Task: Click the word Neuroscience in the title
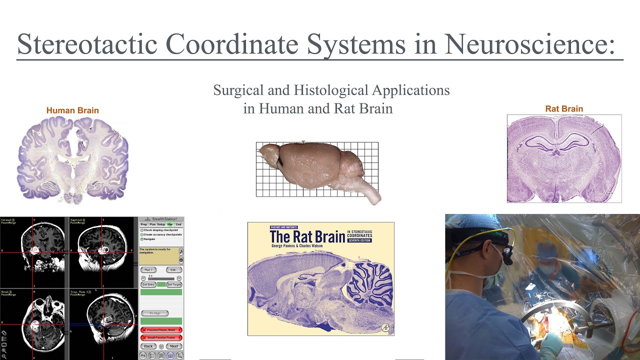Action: [529, 44]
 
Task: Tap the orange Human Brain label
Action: [72, 110]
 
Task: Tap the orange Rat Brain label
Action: [564, 108]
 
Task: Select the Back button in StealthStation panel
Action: [148, 346]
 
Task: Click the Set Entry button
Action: [148, 284]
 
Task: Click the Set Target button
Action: [173, 284]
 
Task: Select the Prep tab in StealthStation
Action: [144, 224]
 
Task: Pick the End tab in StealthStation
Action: [178, 224]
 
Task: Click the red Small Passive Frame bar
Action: [161, 337]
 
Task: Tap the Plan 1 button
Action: [148, 270]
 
